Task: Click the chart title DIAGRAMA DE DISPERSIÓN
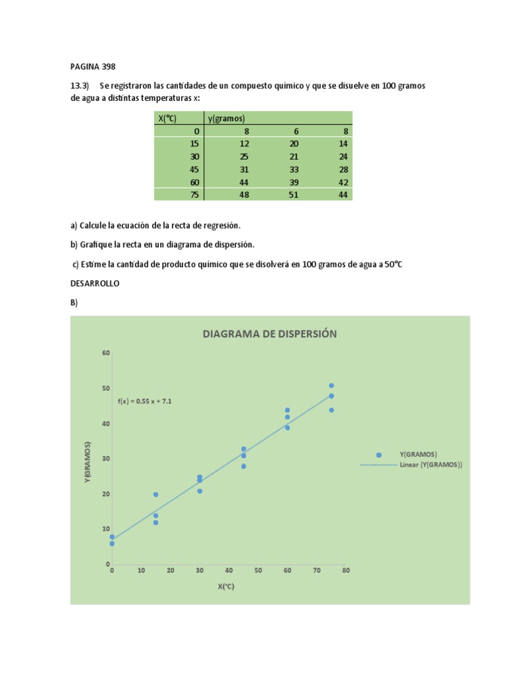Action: tap(269, 334)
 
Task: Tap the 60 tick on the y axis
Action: tap(106, 353)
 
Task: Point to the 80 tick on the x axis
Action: tap(345, 570)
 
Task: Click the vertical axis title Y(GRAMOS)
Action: tap(88, 462)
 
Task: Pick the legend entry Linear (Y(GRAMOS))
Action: tap(431, 464)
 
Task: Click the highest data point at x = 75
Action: tap(331, 386)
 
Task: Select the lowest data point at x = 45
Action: tap(243, 466)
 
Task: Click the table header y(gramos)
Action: tap(227, 118)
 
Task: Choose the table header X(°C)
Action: tap(167, 118)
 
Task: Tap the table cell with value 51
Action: tap(293, 194)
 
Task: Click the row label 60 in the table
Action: tap(194, 182)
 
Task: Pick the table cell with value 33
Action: tap(294, 169)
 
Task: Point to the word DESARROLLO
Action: tap(95, 283)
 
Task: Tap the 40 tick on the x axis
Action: tap(229, 570)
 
